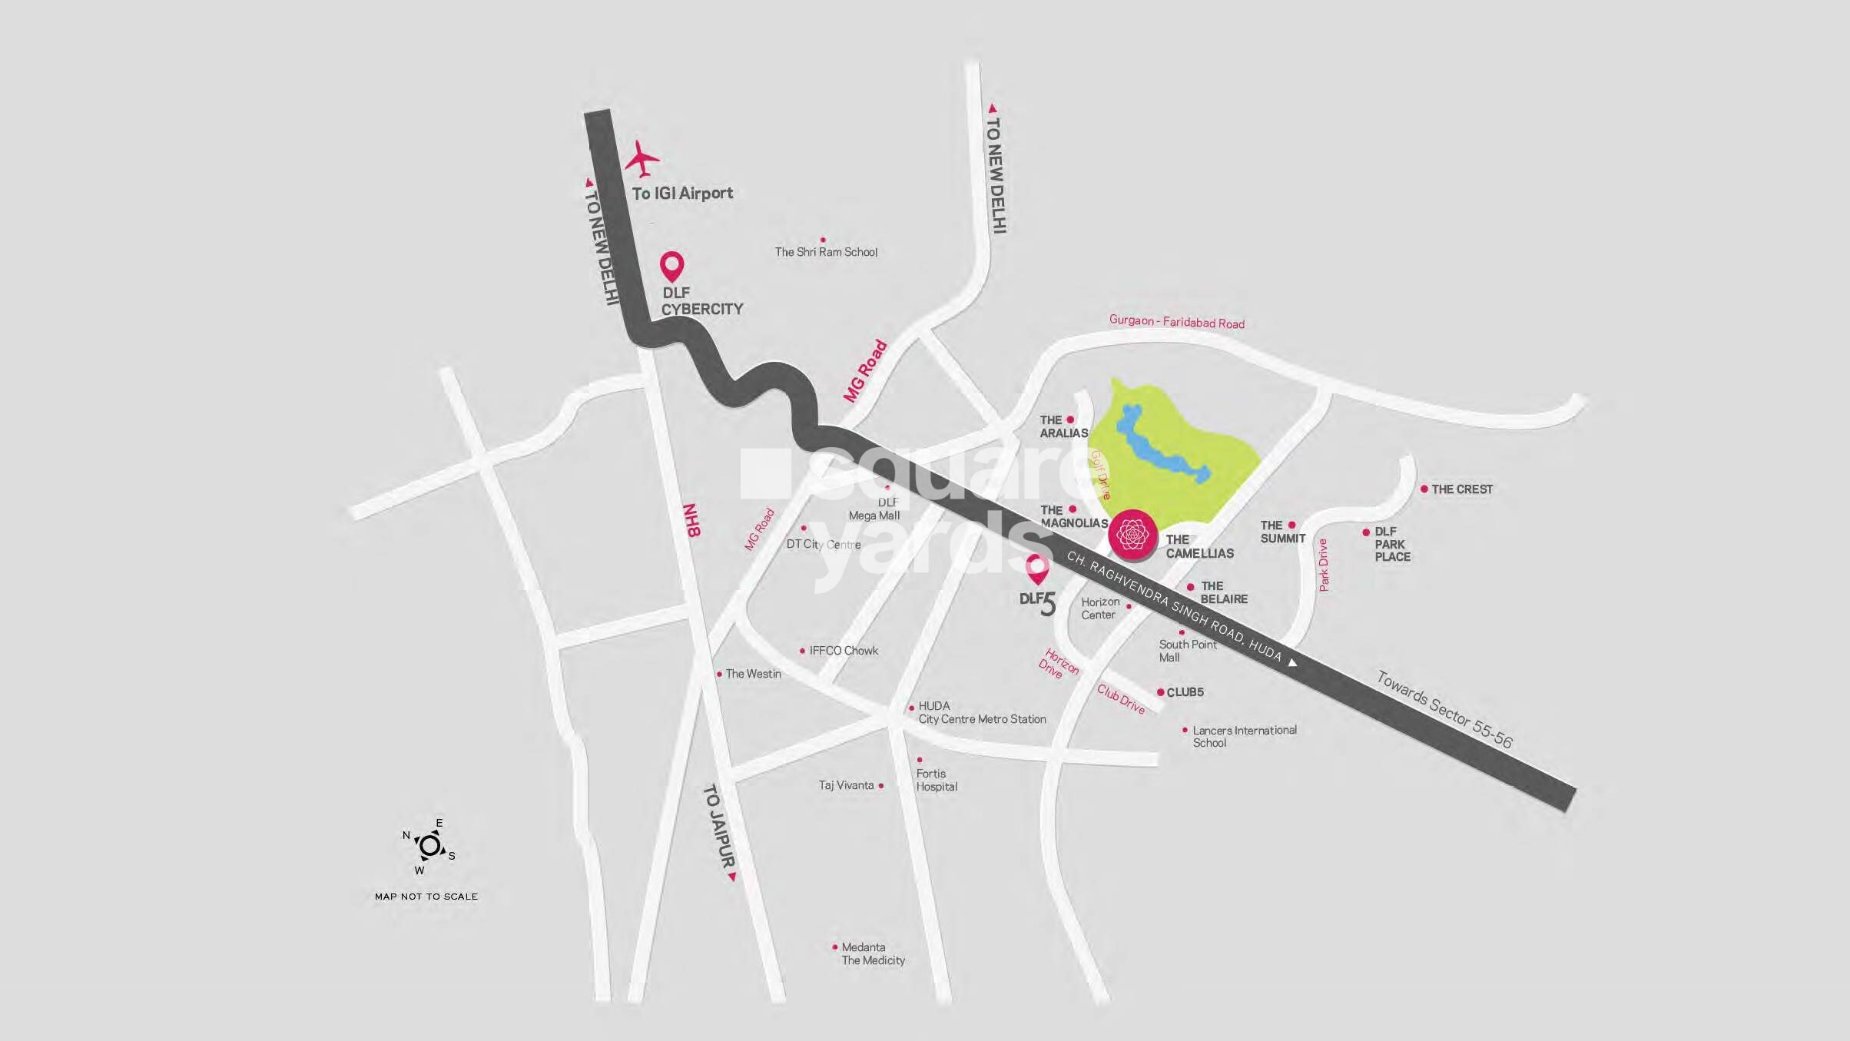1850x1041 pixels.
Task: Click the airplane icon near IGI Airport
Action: click(x=642, y=159)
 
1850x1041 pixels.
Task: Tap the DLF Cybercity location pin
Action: click(x=672, y=267)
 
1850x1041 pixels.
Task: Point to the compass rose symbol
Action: click(x=429, y=846)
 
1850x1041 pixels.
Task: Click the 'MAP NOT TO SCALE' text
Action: click(x=426, y=897)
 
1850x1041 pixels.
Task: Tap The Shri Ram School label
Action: click(x=826, y=252)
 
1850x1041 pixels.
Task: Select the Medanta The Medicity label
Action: click(x=873, y=954)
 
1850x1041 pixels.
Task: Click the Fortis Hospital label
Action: click(x=937, y=780)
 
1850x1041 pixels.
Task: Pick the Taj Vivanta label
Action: click(x=846, y=785)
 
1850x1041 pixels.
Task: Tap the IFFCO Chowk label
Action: click(x=844, y=651)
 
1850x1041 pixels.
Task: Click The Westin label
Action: click(x=753, y=674)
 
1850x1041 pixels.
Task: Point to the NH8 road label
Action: click(x=691, y=520)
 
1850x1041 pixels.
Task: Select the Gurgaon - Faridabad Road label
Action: click(x=1176, y=322)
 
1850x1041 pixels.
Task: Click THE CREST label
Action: click(x=1461, y=489)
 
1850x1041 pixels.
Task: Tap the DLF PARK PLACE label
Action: click(x=1392, y=544)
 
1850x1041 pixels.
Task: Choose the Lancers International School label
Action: click(x=1244, y=736)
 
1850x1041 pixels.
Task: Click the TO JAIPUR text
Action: click(x=719, y=826)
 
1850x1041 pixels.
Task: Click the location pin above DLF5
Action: click(x=1038, y=569)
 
